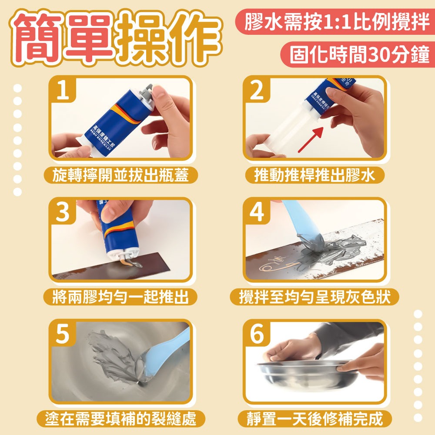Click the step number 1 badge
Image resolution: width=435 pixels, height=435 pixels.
[64, 90]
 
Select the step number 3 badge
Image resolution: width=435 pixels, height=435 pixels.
[64, 212]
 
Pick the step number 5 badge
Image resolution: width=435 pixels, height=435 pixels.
[64, 334]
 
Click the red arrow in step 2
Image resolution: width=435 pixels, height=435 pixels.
[311, 139]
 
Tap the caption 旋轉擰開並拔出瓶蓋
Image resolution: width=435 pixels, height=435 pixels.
[120, 175]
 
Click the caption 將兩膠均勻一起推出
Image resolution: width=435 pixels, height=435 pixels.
[120, 297]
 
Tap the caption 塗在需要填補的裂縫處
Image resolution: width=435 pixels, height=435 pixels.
[120, 419]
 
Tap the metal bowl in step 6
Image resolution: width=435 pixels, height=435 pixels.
[304, 374]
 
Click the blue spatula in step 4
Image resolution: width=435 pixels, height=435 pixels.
[300, 222]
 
